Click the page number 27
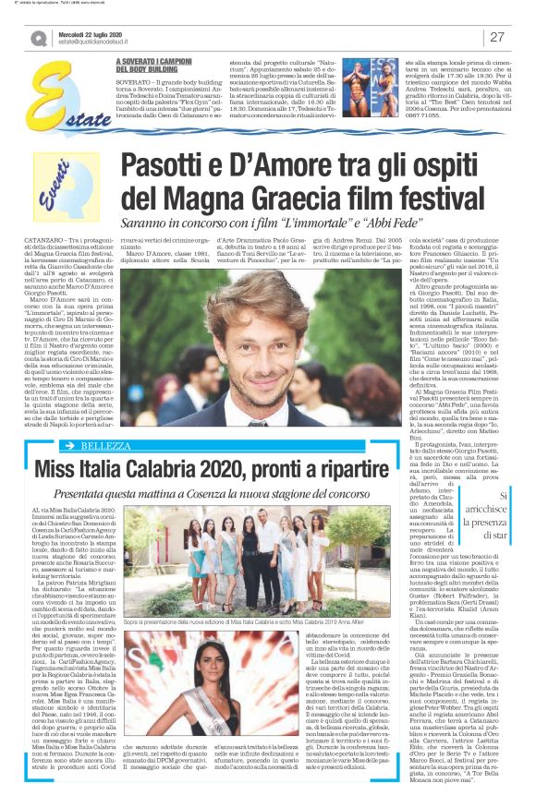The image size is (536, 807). click(496, 37)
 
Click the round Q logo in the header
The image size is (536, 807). click(37, 38)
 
